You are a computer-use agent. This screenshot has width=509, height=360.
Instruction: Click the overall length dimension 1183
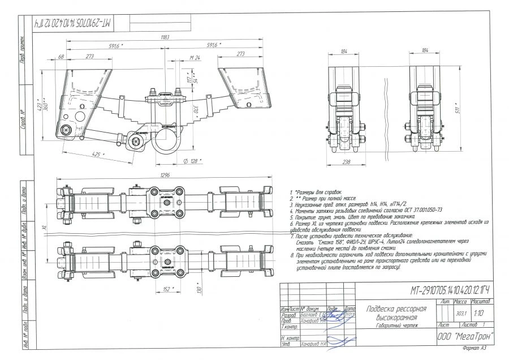165,37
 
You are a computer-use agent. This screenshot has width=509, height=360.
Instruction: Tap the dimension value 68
61,56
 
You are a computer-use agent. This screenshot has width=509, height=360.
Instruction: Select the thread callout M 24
195,57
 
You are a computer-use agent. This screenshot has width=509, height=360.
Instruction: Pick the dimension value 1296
165,175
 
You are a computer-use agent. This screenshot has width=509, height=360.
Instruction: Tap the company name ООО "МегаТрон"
465,336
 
